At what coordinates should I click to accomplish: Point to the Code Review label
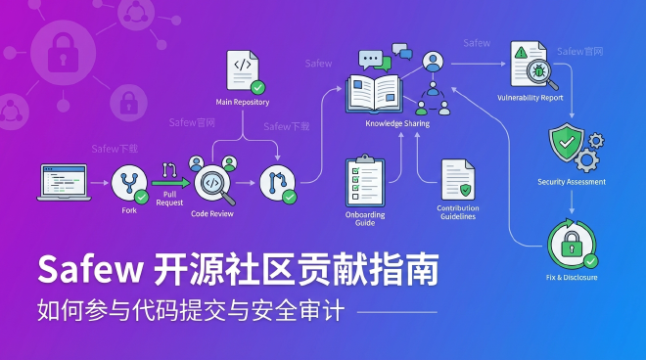pos(211,212)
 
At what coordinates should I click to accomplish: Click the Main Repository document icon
pos(242,69)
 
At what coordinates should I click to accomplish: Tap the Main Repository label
pos(242,102)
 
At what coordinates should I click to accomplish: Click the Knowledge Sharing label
pos(397,124)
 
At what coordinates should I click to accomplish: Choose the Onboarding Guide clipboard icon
pos(365,180)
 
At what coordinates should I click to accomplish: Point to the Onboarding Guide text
pos(366,218)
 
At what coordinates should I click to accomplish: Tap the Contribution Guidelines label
pos(457,212)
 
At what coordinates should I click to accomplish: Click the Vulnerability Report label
pos(530,98)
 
